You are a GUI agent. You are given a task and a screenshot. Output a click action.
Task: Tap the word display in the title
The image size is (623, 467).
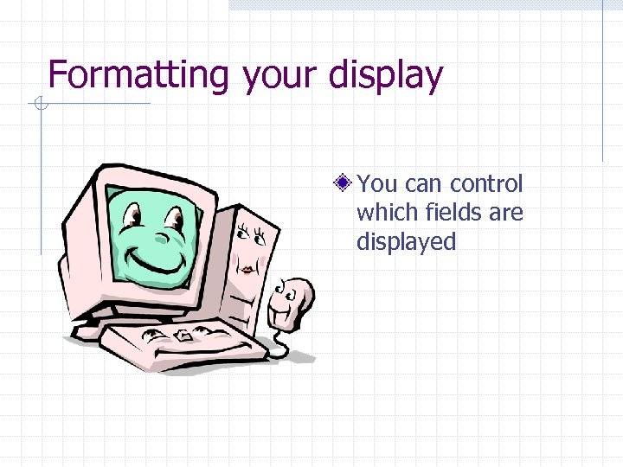(387, 75)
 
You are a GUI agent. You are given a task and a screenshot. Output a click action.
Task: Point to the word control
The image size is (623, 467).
(487, 183)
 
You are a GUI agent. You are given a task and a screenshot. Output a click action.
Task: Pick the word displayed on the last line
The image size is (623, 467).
(406, 242)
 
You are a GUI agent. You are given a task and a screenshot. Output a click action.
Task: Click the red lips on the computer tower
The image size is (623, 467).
(247, 270)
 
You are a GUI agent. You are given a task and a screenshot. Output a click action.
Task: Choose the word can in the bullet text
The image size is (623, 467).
(423, 183)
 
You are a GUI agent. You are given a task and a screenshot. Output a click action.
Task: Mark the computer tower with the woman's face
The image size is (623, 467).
(251, 259)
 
